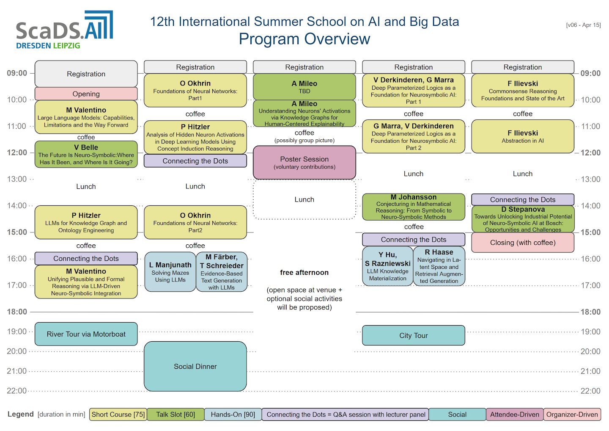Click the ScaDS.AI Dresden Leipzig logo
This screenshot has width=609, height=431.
tap(64, 30)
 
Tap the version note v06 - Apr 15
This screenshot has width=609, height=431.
tap(583, 25)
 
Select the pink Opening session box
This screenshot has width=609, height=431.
tap(86, 94)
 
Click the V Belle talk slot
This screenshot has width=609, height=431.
tap(86, 154)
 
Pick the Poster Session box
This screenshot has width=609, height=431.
tap(304, 163)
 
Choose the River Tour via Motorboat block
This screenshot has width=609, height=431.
tap(86, 334)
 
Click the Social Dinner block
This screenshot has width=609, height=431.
tap(195, 366)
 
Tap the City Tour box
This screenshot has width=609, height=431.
tap(413, 335)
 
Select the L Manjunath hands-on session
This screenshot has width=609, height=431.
tap(170, 272)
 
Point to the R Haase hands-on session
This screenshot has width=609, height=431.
tap(439, 266)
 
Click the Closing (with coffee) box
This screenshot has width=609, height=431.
tap(523, 243)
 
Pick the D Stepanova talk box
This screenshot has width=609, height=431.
tap(523, 219)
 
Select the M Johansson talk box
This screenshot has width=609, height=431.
tap(413, 207)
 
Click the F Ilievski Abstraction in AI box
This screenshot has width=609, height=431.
tap(523, 136)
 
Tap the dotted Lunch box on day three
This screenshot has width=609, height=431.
tap(304, 199)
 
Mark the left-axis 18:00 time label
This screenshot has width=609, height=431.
tap(17, 312)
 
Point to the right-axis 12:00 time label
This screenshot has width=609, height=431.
tap(590, 153)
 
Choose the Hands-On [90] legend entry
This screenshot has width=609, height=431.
tap(233, 414)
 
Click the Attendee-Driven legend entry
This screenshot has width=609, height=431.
tap(515, 414)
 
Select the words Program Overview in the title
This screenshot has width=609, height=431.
tap(304, 39)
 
